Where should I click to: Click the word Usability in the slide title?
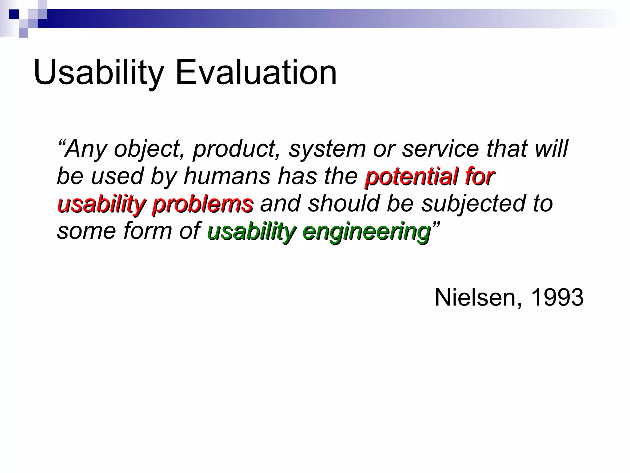click(98, 73)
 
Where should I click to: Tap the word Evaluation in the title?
click(256, 73)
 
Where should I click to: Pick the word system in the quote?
click(327, 149)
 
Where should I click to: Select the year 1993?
click(557, 297)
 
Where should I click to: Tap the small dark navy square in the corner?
click(14, 14)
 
